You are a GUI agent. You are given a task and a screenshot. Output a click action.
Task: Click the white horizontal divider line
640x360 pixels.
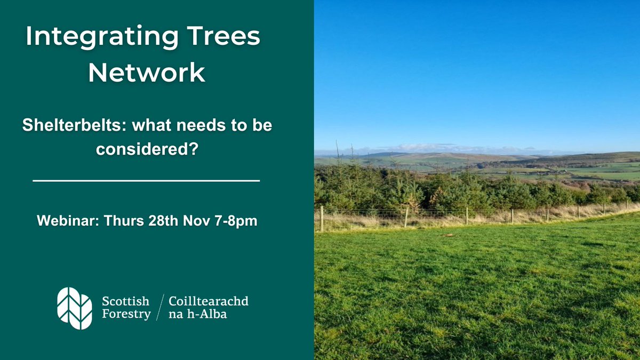click(146, 181)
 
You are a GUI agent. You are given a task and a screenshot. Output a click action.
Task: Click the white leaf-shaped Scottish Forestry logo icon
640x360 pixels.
click(74, 308)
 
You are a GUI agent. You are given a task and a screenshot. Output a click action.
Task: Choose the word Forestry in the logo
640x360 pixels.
click(126, 314)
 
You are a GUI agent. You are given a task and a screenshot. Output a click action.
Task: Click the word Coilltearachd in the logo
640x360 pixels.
click(209, 302)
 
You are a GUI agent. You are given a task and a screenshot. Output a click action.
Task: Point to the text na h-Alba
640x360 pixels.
click(197, 314)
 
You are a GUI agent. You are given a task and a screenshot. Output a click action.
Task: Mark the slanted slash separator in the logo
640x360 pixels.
click(159, 308)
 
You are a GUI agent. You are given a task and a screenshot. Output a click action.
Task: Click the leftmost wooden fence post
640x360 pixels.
click(322, 219)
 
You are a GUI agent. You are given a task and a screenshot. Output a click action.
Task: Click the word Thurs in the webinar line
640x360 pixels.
click(113, 220)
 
